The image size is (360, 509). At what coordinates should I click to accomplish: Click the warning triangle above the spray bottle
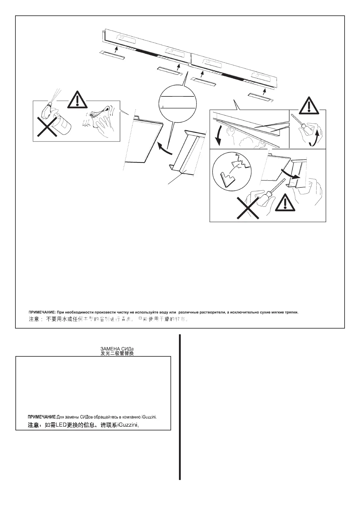pos(77,100)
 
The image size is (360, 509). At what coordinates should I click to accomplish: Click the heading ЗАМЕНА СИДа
pos(117,349)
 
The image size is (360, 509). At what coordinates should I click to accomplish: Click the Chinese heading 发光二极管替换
pos(117,353)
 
